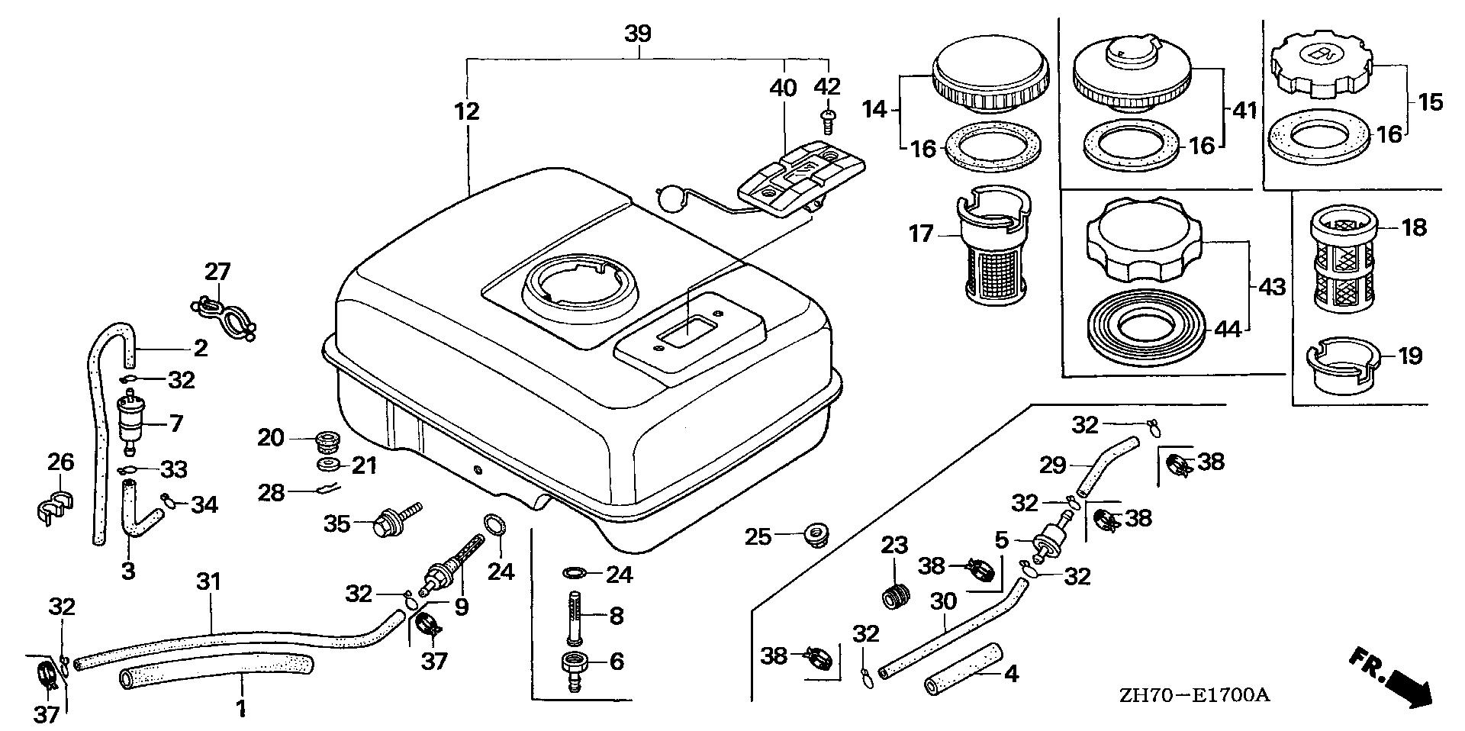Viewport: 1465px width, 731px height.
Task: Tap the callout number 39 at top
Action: pos(638,34)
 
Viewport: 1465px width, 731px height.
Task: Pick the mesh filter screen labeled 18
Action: pos(1344,257)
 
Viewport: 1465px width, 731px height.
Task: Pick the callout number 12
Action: pos(466,111)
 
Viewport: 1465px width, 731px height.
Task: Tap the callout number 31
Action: pos(208,582)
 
